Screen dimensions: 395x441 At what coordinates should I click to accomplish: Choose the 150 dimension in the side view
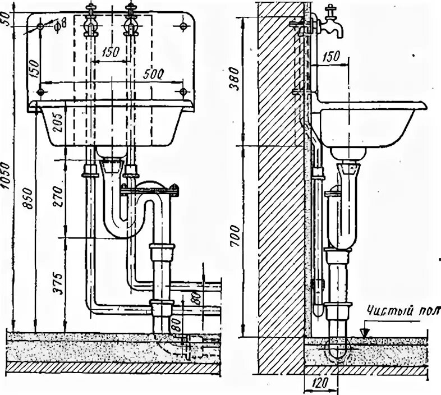[332, 57]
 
